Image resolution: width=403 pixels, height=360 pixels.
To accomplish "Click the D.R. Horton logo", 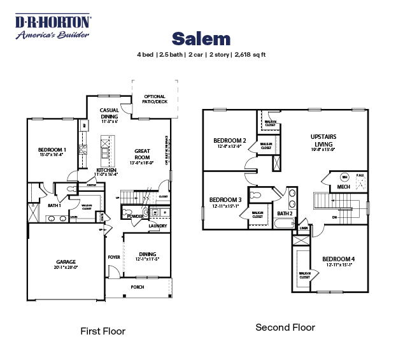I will [x=53, y=27].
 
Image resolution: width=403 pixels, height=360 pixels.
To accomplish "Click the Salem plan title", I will [x=201, y=38].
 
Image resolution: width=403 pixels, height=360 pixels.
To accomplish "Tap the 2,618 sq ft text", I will [x=250, y=55].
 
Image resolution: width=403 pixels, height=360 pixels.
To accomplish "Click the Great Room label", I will [x=142, y=154].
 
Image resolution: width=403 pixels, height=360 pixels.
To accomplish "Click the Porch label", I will [x=138, y=287].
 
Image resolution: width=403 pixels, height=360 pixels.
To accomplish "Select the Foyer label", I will [x=114, y=257].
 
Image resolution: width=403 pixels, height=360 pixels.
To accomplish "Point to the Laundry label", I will [x=158, y=226].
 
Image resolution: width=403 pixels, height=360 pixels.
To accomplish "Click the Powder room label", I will [x=135, y=216].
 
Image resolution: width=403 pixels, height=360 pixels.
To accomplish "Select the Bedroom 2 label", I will [x=229, y=141].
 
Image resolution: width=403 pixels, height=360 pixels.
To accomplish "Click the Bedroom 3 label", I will [x=225, y=199].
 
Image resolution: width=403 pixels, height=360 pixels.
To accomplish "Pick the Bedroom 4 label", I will [x=339, y=258].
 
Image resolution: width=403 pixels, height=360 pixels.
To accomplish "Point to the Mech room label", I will [x=344, y=187].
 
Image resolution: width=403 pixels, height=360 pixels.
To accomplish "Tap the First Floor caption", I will [x=103, y=331].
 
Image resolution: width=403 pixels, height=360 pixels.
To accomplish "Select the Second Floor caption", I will [x=285, y=328].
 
